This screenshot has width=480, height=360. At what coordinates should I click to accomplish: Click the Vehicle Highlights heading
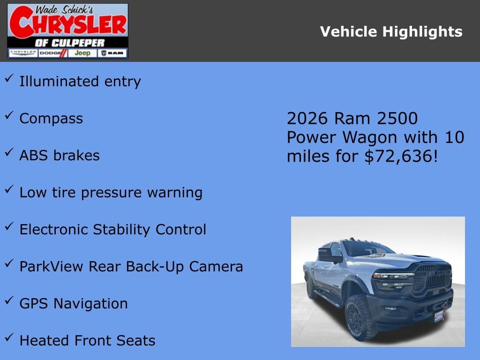pyautogui.click(x=391, y=32)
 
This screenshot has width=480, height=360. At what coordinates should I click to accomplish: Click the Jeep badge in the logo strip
pyautogui.click(x=82, y=53)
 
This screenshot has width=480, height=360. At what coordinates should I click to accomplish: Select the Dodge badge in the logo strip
pyautogui.click(x=53, y=53)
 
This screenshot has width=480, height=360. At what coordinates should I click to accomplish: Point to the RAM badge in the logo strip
pyautogui.click(x=112, y=53)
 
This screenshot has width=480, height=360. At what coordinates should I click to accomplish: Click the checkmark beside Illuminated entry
pyautogui.click(x=9, y=78)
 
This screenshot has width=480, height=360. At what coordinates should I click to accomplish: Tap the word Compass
pyautogui.click(x=51, y=119)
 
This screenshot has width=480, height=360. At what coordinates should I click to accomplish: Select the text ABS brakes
pyautogui.click(x=60, y=156)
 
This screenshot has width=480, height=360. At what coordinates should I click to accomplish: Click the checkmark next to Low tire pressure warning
pyautogui.click(x=9, y=189)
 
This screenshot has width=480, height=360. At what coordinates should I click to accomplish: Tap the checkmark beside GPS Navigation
pyautogui.click(x=9, y=300)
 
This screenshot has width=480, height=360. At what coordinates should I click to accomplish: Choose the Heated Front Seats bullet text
pyautogui.click(x=87, y=341)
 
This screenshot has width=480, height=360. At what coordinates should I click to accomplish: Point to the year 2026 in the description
pyautogui.click(x=307, y=119)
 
